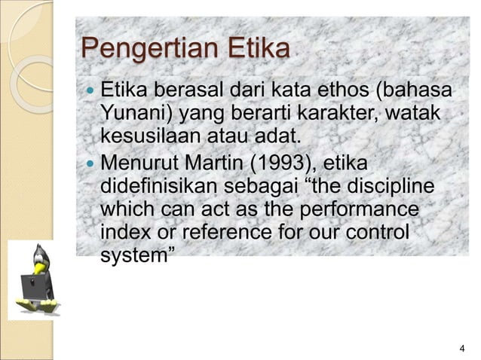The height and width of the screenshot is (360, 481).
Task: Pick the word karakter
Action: pyautogui.click(x=345, y=116)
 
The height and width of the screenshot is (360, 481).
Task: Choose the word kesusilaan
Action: pyautogui.click(x=144, y=139)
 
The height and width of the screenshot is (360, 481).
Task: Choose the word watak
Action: pyautogui.click(x=416, y=116)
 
